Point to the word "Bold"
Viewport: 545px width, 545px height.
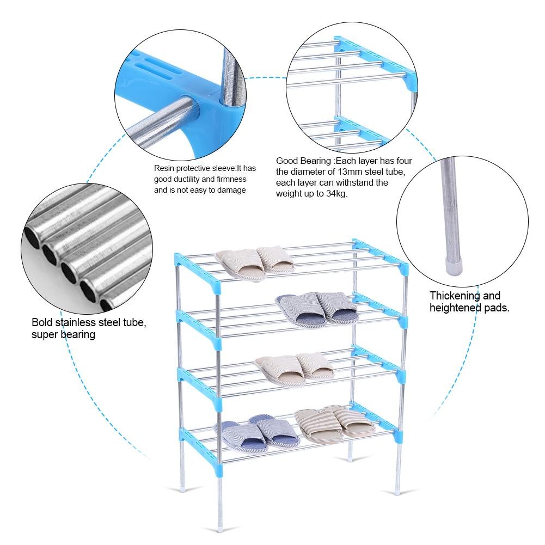[42, 322]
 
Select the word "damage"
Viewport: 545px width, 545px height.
[232, 190]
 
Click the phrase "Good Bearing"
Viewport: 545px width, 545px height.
[304, 161]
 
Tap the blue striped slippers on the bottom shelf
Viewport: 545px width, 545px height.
[256, 434]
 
